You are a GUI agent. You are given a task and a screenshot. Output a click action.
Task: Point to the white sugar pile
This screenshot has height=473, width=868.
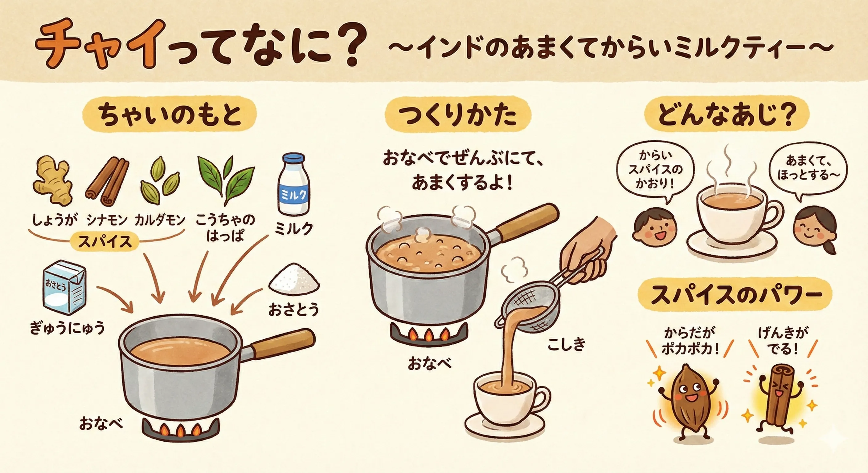click(x=294, y=279)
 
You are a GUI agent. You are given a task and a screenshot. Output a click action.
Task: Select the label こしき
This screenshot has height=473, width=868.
click(x=567, y=344)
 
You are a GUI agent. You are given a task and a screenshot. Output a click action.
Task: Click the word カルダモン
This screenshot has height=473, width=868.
click(x=160, y=220)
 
